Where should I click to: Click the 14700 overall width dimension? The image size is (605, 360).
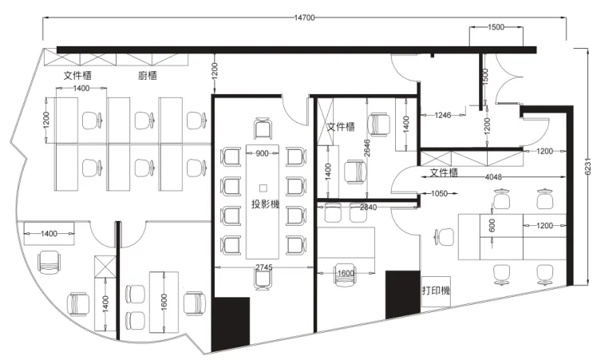click(304, 18)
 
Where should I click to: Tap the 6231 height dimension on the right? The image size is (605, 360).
click(587, 167)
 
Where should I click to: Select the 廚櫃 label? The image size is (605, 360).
click(148, 75)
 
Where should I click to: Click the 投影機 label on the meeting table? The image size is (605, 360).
click(265, 204)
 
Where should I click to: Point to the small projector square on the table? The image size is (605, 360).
click(263, 188)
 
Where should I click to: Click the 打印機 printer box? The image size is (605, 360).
click(436, 291)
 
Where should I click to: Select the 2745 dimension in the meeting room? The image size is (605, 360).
click(264, 267)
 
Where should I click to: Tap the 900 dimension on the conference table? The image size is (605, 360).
click(262, 153)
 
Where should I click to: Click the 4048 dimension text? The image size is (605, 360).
click(493, 177)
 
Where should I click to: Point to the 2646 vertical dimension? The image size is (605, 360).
click(366, 148)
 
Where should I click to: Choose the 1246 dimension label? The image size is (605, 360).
click(442, 115)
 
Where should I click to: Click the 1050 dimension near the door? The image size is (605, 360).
click(439, 193)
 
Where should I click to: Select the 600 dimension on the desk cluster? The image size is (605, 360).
click(492, 226)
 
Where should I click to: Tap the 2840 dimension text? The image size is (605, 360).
click(368, 208)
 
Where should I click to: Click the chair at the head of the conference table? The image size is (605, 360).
click(263, 128)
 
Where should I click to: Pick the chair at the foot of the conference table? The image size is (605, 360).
click(263, 279)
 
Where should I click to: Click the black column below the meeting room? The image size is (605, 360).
click(231, 323)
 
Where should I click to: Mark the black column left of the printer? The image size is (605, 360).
click(403, 294)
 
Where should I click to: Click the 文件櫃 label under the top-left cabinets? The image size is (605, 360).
click(77, 75)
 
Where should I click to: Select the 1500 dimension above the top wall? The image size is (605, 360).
click(496, 27)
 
